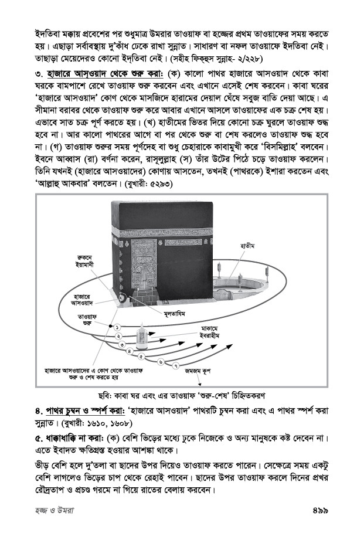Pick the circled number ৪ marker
131,350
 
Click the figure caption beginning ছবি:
182,393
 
